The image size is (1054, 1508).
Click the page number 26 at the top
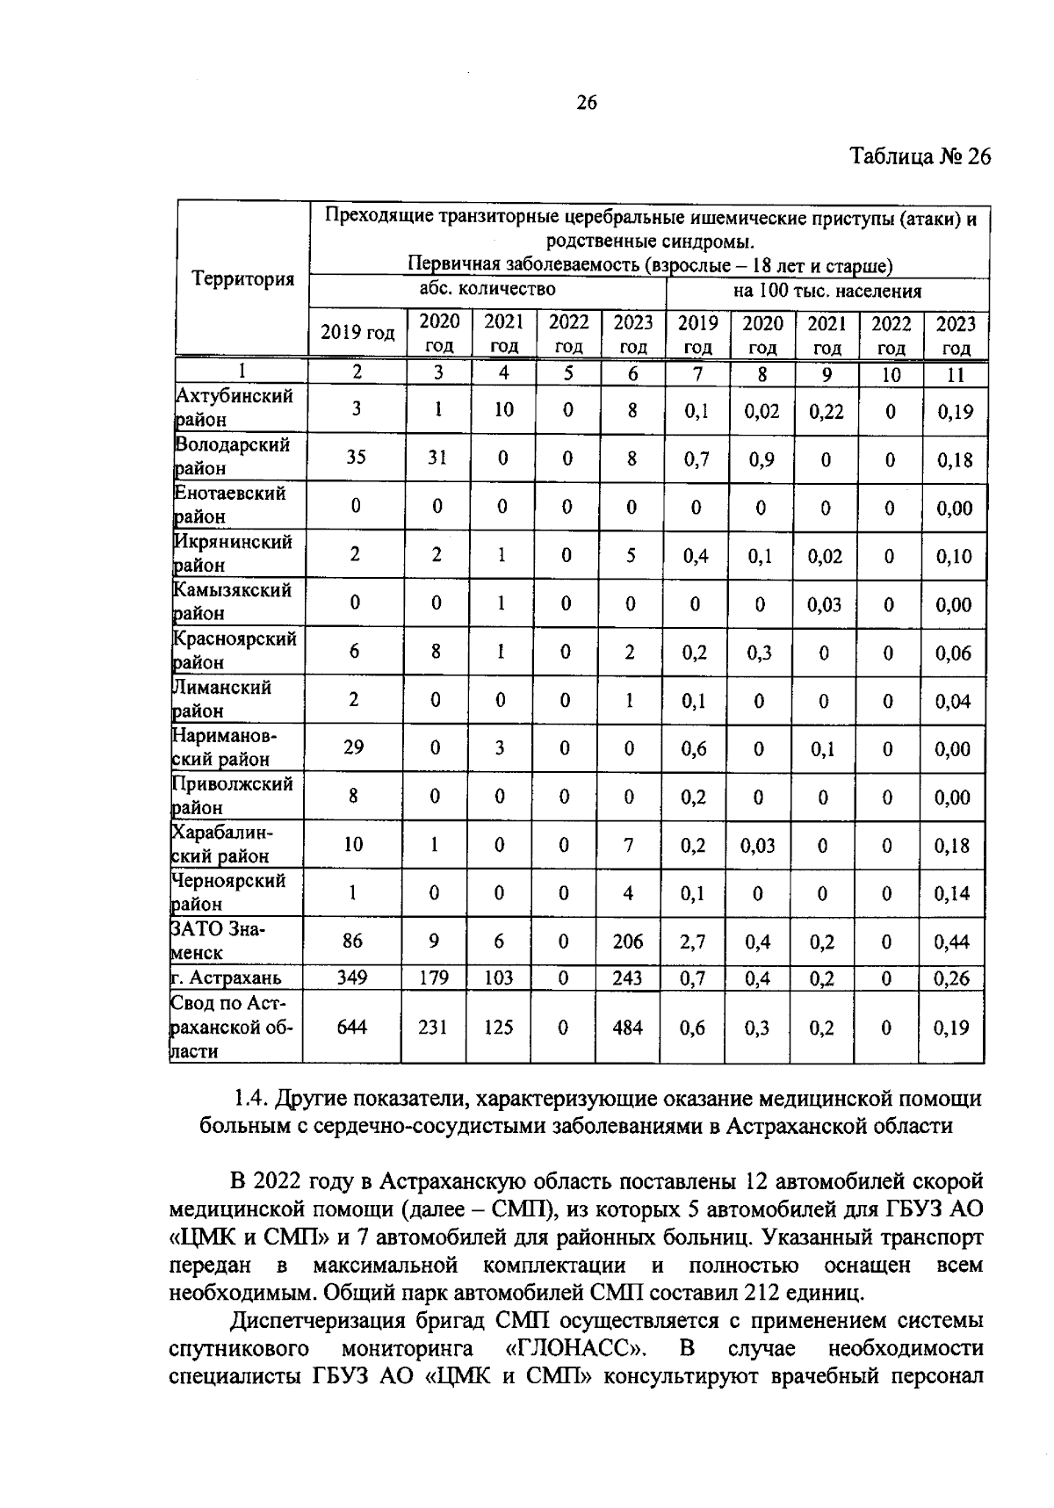click(586, 104)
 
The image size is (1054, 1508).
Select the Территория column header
click(242, 279)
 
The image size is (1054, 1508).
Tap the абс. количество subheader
click(487, 289)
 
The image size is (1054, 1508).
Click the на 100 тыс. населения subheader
click(827, 291)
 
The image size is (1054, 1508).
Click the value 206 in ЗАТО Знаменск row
click(628, 942)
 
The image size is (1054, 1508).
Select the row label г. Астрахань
click(227, 978)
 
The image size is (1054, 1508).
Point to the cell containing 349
click(352, 978)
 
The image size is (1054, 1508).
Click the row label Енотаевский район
click(231, 505)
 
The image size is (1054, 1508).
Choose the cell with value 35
click(356, 458)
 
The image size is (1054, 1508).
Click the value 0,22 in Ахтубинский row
click(826, 411)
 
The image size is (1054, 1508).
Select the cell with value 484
click(628, 1027)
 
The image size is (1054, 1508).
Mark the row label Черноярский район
click(229, 891)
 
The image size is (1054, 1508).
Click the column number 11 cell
click(956, 374)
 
